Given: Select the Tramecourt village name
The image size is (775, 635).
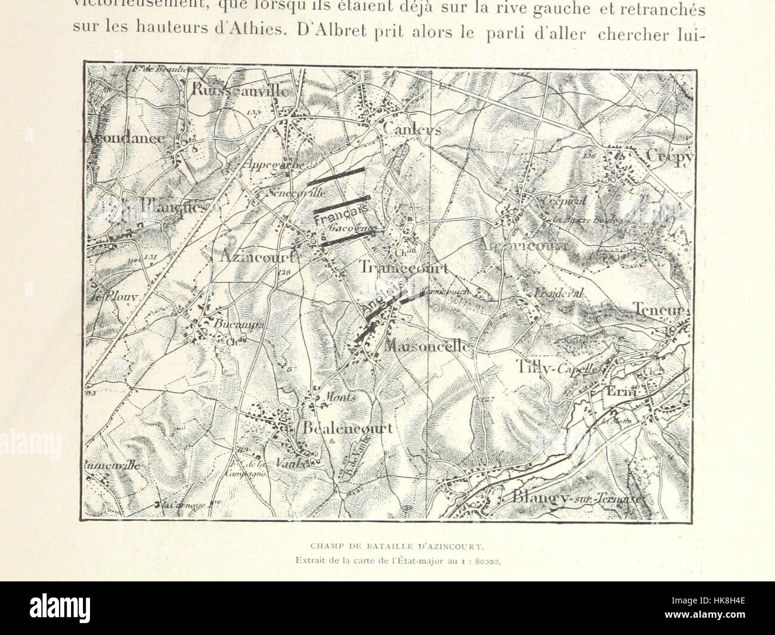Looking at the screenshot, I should point(404,268).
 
